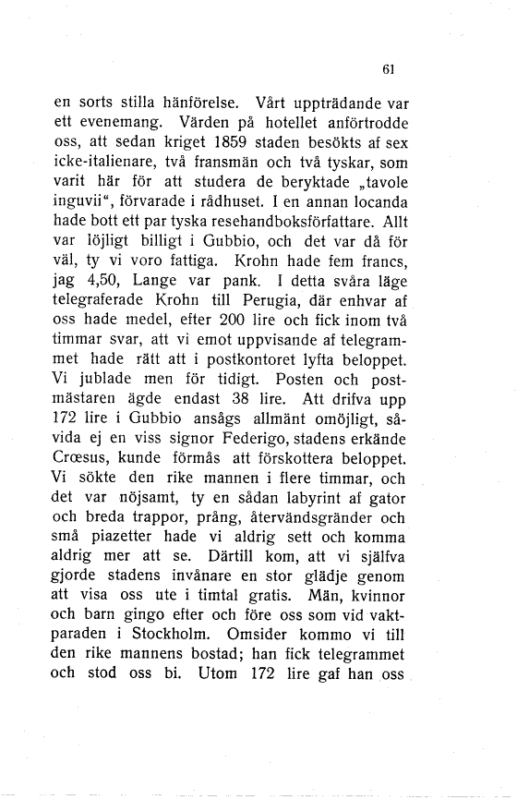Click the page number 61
[x=388, y=67]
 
